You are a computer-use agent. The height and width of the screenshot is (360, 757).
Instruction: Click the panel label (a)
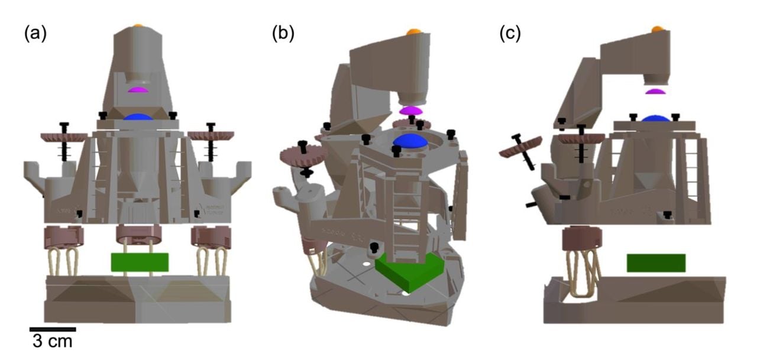35,34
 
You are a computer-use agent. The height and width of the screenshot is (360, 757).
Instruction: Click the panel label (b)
283,34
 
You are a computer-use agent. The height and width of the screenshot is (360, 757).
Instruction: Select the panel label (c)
510,34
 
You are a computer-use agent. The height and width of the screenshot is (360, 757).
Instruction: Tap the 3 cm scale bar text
52,341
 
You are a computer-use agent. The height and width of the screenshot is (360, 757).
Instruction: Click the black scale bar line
53,329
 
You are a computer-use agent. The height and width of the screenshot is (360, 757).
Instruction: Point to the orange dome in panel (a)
138,25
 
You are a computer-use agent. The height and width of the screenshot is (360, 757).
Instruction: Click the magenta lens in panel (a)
138,90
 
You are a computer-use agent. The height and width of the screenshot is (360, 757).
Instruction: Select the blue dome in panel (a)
138,118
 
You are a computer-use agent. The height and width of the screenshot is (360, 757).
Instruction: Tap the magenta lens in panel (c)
655,92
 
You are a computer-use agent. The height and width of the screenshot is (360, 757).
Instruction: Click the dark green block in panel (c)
656,263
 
